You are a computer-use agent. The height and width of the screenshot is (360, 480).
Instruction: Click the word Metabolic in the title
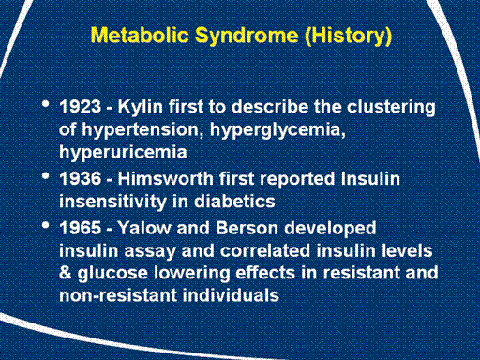tap(140, 35)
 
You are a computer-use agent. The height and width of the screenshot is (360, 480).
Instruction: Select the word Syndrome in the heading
tap(247, 37)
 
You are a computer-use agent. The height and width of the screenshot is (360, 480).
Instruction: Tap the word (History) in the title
tap(348, 37)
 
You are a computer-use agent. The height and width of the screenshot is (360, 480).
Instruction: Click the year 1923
tap(81, 107)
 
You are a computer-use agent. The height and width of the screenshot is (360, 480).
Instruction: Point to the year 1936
tap(81, 178)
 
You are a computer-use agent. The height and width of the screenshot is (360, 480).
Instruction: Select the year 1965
tap(81, 228)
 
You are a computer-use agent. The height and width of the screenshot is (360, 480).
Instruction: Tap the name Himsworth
tap(166, 178)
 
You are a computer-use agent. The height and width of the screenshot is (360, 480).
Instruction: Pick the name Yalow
tap(144, 227)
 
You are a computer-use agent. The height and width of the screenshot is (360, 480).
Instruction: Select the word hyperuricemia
tap(123, 153)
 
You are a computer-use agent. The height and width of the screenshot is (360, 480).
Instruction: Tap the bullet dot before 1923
tap(46, 104)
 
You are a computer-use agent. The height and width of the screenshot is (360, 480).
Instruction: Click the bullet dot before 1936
tap(46, 176)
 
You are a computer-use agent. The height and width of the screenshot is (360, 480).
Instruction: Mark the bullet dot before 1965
tap(46, 225)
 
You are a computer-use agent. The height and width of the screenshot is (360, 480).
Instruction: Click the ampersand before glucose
tap(65, 273)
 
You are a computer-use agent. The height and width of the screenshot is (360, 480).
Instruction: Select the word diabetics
tap(234, 201)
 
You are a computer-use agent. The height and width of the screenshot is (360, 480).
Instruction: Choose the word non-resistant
tap(118, 295)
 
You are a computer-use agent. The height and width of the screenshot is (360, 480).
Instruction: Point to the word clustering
tap(391, 108)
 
